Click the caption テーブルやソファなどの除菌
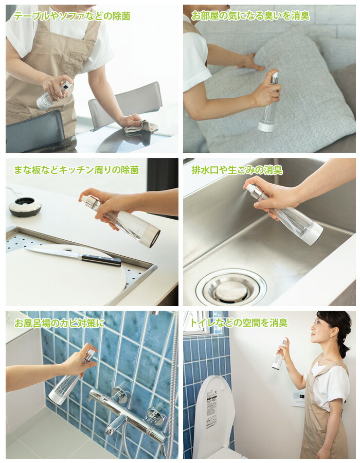click(x=72, y=16)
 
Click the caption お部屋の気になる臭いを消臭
click(x=250, y=16)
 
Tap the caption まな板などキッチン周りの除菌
click(x=76, y=169)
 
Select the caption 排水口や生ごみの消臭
click(x=237, y=169)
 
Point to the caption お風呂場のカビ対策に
click(x=59, y=323)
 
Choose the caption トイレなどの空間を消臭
click(x=239, y=323)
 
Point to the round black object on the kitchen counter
click(x=25, y=206)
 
